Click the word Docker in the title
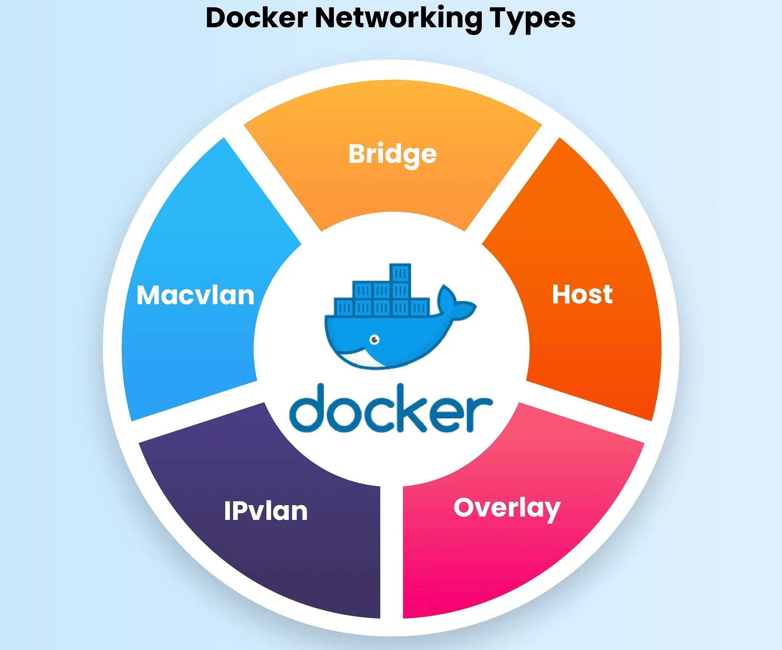256,18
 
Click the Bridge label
392,154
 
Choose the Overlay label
507,508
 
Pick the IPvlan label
266,511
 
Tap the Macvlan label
195,295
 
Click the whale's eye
375,339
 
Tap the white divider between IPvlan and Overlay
391,555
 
